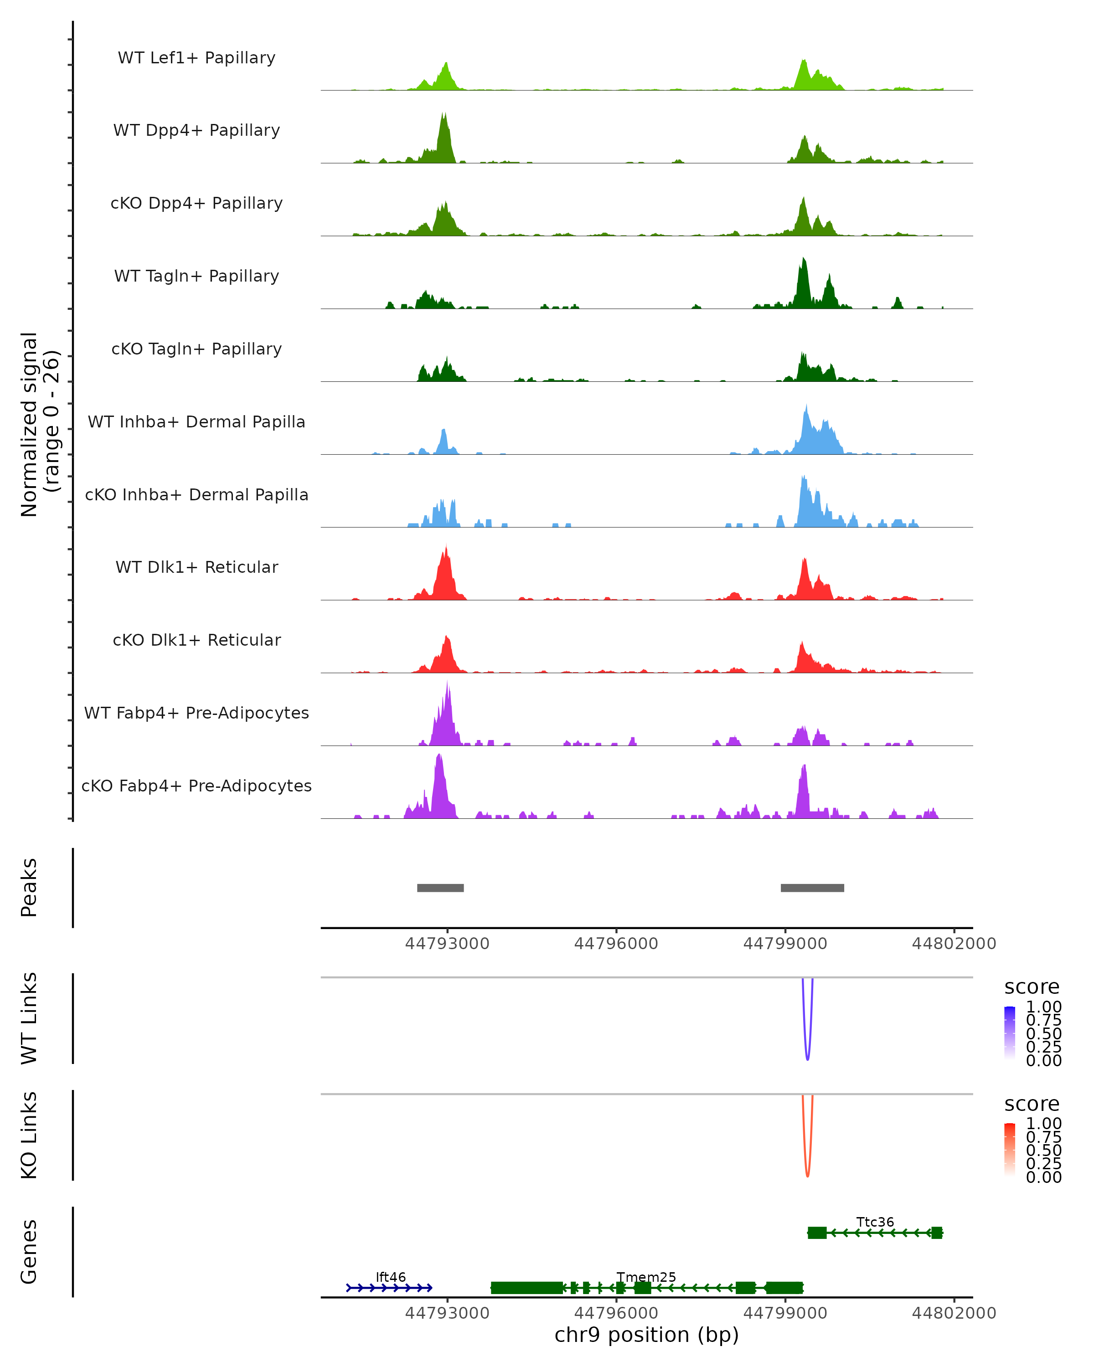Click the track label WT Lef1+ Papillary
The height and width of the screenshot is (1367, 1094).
tap(196, 58)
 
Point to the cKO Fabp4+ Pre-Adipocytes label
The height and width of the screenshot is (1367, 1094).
tap(196, 786)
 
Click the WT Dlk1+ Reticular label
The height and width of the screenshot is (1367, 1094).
tap(196, 567)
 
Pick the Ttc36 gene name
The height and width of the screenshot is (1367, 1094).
tap(875, 1222)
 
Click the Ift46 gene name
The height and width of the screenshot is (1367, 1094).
tap(391, 1277)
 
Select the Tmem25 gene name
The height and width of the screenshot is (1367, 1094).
tap(646, 1277)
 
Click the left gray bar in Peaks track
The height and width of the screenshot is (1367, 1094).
tap(440, 888)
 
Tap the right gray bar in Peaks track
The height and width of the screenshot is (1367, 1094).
tap(812, 888)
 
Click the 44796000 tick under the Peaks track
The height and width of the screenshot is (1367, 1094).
tap(616, 944)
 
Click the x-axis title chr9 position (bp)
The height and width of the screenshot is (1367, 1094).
tap(646, 1335)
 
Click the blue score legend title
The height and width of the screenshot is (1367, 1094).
tap(1032, 987)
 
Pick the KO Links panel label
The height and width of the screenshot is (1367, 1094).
tap(29, 1135)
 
